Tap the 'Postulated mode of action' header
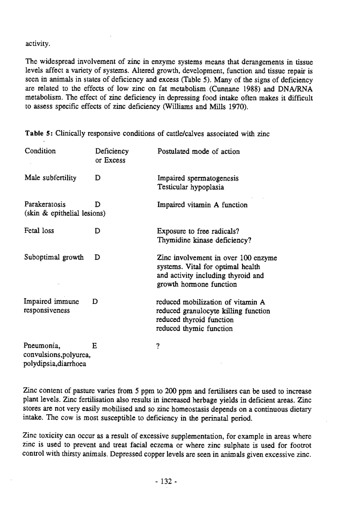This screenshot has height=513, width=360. pos(198,152)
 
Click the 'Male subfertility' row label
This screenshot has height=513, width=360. pos(50,178)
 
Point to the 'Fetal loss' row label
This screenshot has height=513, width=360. pos(39,231)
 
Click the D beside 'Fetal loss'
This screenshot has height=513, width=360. pos(97,231)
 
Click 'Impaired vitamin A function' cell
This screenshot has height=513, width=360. pos(202,205)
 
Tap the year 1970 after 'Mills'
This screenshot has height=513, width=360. pos(239,106)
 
